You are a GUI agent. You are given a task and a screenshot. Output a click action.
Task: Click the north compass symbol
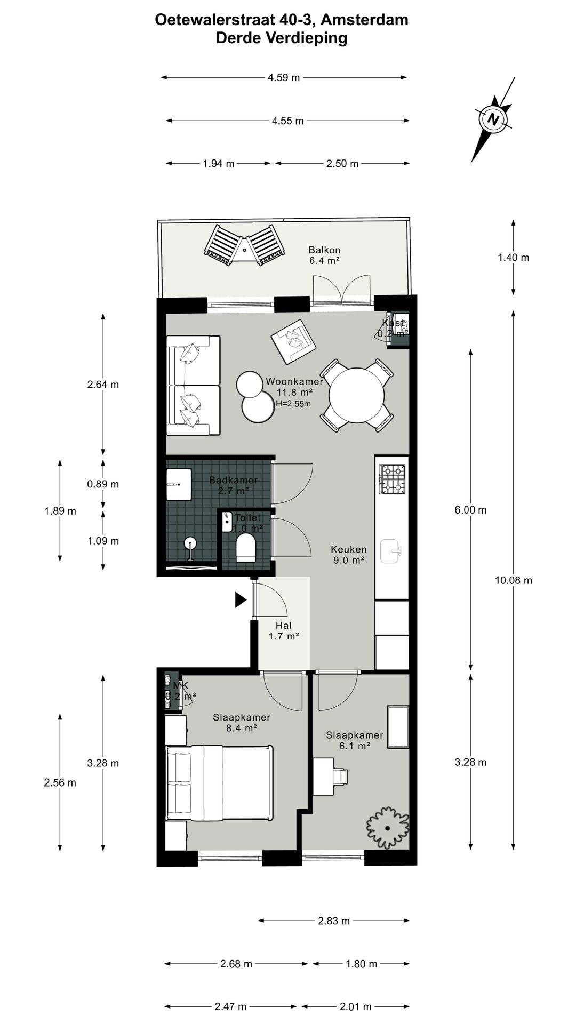(x=493, y=118)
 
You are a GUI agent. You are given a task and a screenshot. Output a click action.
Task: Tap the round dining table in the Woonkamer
(x=356, y=395)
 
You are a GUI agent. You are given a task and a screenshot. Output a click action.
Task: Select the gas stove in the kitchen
(x=393, y=478)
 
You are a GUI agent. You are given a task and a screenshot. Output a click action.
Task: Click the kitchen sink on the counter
(x=392, y=551)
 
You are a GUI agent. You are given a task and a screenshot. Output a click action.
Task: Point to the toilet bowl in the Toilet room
(x=246, y=548)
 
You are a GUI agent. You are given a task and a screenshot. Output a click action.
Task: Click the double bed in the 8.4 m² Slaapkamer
(x=219, y=783)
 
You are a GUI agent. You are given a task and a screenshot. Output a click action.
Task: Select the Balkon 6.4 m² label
(x=324, y=255)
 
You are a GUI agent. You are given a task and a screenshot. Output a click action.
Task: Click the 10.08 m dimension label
(x=513, y=580)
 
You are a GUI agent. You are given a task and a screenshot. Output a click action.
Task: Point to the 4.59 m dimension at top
(x=284, y=77)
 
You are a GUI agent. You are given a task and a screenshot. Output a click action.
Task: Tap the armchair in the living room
(x=293, y=341)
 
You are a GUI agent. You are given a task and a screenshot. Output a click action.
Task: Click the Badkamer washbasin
(x=179, y=484)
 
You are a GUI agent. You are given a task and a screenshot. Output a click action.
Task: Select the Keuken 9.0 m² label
(x=348, y=554)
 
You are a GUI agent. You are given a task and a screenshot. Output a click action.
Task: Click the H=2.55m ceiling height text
(x=293, y=404)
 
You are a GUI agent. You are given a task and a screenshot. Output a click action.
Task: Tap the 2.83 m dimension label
(x=334, y=921)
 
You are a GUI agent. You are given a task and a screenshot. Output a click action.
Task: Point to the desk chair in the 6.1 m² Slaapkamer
(x=340, y=776)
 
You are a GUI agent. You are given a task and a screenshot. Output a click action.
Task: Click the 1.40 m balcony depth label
(x=513, y=258)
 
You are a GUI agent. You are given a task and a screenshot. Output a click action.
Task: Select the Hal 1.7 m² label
(x=284, y=630)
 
